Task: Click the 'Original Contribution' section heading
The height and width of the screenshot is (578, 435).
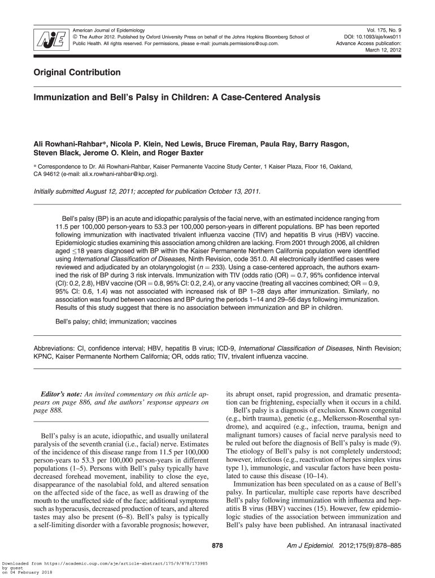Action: (77, 73)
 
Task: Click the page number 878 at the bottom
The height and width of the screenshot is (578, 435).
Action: (217, 546)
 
